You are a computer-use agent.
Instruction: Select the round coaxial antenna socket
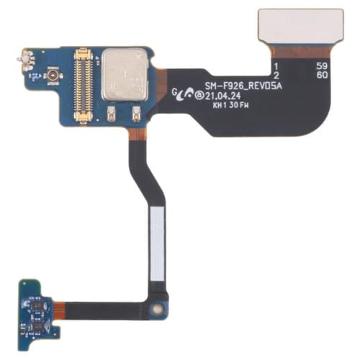(x=53, y=75)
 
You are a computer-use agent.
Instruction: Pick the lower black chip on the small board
(x=35, y=326)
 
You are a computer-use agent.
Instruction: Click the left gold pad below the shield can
(x=112, y=112)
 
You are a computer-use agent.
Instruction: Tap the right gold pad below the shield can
(x=136, y=112)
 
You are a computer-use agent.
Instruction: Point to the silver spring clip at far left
(x=28, y=60)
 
